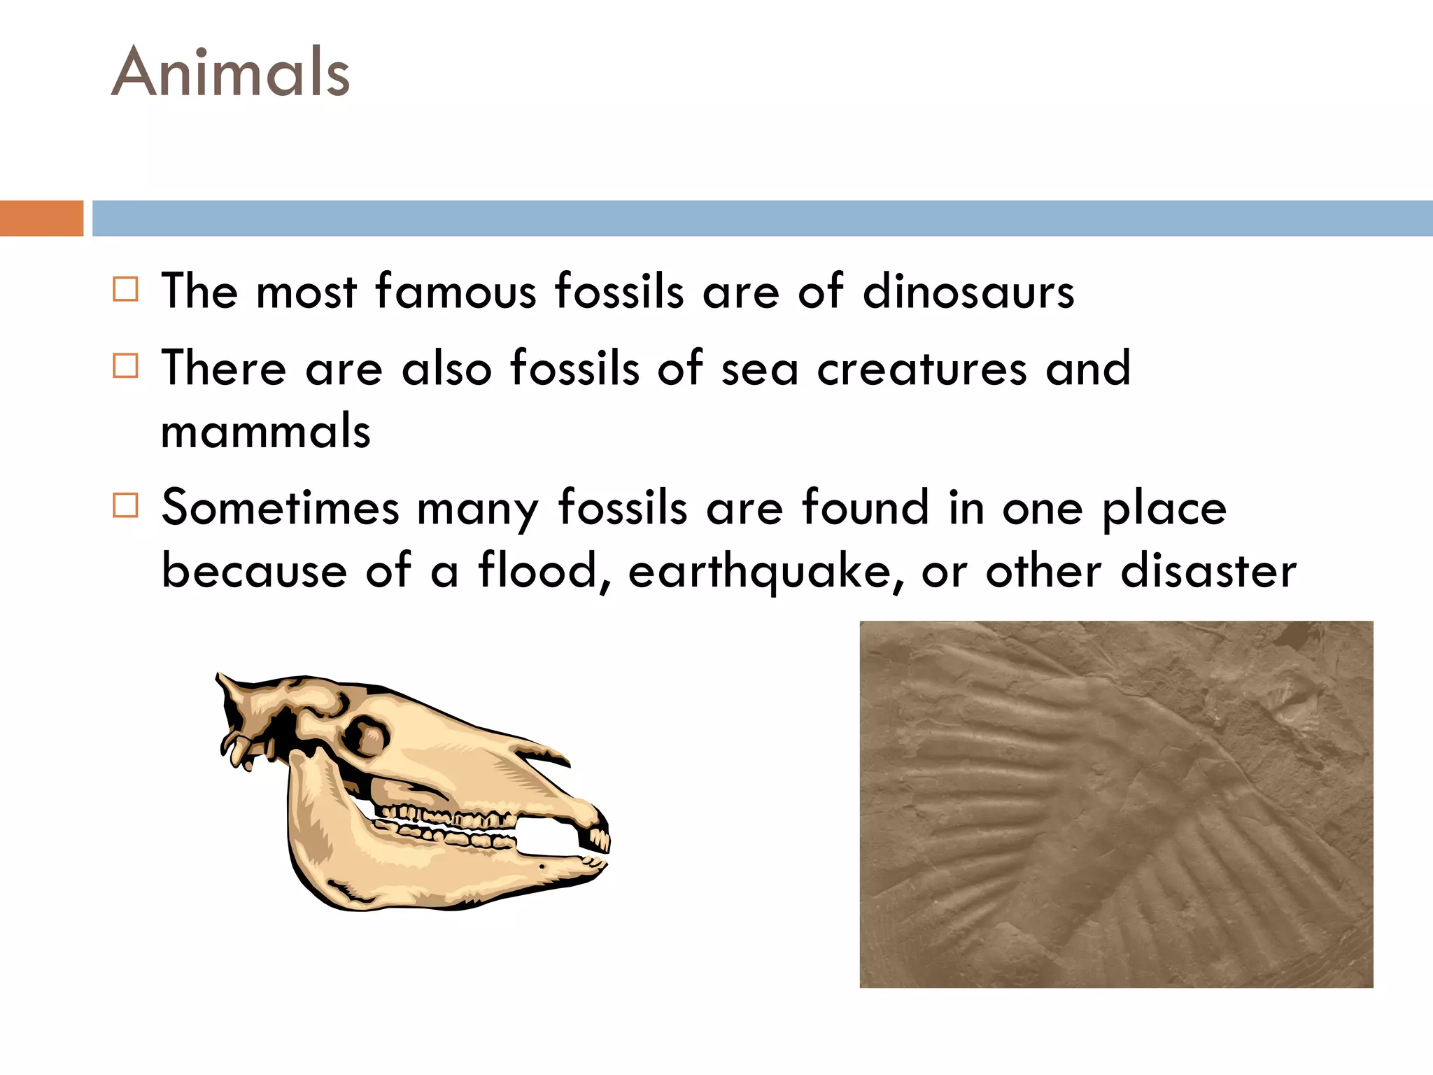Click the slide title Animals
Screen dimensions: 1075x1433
click(x=230, y=72)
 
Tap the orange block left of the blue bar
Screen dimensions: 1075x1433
click(x=41, y=218)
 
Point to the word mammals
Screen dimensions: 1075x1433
click(x=266, y=431)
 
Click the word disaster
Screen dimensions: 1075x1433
click(x=1208, y=571)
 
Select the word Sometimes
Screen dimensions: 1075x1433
click(x=280, y=507)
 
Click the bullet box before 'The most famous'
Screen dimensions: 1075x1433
click(x=125, y=289)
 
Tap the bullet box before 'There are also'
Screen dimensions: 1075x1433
click(x=125, y=365)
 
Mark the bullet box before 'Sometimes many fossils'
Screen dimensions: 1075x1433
click(x=125, y=505)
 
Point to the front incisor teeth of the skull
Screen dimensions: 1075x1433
click(x=599, y=836)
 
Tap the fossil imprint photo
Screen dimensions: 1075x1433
click(x=1116, y=804)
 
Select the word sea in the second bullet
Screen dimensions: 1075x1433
click(x=759, y=370)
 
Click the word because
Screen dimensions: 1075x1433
click(x=254, y=571)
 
